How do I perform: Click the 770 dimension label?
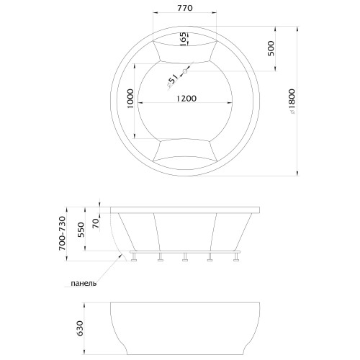pyautogui.click(x=185, y=8)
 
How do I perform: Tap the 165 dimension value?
pyautogui.click(x=183, y=39)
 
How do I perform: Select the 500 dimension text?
pyautogui.click(x=271, y=48)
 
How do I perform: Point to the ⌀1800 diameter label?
pyautogui.click(x=292, y=101)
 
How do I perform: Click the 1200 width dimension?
pyautogui.click(x=186, y=99)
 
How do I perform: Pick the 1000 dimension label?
pyautogui.click(x=130, y=99)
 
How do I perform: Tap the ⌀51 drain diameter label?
pyautogui.click(x=173, y=81)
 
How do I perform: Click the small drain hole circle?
pyautogui.click(x=185, y=71)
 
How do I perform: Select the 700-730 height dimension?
pyautogui.click(x=62, y=233)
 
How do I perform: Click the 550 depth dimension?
pyautogui.click(x=81, y=230)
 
